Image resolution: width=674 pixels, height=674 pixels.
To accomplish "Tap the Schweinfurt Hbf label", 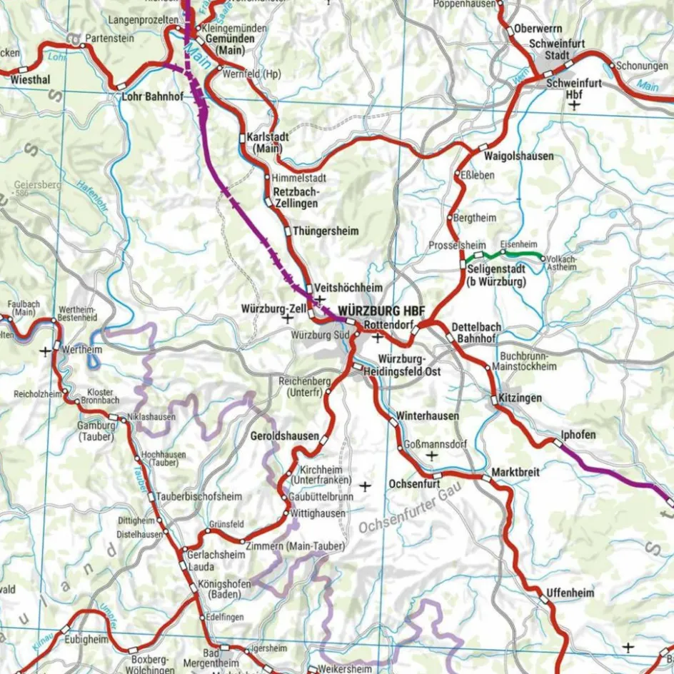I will point(573,88).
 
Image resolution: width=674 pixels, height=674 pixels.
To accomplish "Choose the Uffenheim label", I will point(570,592).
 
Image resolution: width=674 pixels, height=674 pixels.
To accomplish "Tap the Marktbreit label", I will point(515,473).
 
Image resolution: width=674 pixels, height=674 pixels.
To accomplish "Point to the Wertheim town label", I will point(82,351).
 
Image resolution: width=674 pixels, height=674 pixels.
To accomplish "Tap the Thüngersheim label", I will point(326,231).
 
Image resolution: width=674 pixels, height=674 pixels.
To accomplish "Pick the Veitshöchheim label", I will point(348,287).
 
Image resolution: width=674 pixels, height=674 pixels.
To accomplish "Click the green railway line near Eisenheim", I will point(521,254).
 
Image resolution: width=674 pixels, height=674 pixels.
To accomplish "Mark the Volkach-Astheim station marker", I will point(543,258).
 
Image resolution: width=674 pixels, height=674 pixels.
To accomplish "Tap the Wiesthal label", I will point(31,80).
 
